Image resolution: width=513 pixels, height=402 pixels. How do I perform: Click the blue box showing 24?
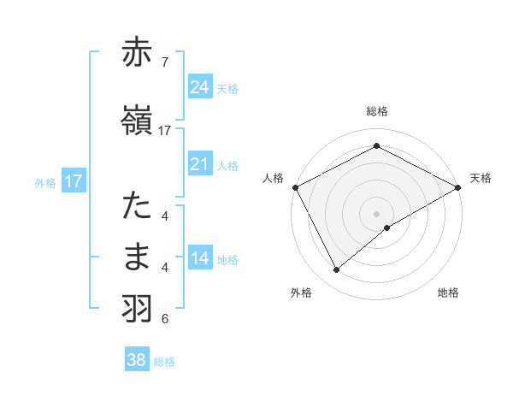[200, 87]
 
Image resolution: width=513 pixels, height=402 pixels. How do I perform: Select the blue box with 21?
[200, 164]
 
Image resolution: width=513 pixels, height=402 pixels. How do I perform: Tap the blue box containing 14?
[200, 258]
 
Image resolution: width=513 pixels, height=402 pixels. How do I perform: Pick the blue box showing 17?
[73, 181]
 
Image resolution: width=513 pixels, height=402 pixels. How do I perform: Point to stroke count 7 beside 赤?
[164, 62]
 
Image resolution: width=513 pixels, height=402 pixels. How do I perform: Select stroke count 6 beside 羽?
[164, 319]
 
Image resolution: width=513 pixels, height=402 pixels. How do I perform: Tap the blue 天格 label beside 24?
[227, 88]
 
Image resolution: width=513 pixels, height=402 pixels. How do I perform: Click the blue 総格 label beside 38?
[164, 362]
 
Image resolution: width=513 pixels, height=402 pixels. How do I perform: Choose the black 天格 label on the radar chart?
[481, 178]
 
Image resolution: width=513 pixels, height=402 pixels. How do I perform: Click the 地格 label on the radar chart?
[448, 293]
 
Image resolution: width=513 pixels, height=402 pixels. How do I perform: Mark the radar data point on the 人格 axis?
[295, 187]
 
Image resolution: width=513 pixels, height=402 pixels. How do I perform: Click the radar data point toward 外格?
[336, 270]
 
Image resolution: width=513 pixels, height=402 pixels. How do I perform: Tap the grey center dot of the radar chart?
[376, 213]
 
